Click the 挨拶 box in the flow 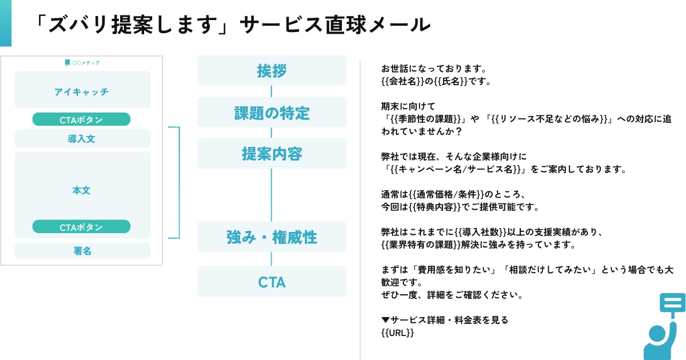coord(272,71)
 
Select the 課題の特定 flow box coord(272,113)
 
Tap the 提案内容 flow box coord(272,154)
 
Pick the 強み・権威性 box coord(272,237)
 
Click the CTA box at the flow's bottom coord(272,282)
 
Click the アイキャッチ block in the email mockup coord(82,91)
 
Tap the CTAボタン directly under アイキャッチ coord(81,119)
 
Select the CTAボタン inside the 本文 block coord(81,227)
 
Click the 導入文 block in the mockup coord(82,139)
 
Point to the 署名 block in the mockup coord(82,251)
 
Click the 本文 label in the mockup coord(81,190)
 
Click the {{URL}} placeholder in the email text coord(397,333)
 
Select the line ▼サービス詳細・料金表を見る coord(444,320)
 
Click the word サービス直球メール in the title coord(334,25)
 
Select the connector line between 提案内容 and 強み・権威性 coord(272,195)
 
